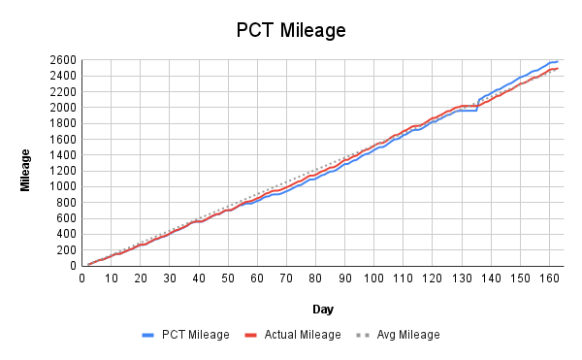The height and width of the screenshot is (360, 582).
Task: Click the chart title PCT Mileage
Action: (x=291, y=30)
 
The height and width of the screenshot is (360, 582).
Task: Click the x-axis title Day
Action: (x=324, y=309)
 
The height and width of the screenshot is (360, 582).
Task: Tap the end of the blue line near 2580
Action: (x=557, y=61)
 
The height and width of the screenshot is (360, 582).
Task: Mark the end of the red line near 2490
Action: (x=557, y=68)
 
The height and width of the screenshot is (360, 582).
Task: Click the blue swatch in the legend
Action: (x=148, y=335)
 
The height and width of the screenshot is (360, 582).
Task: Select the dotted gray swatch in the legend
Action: (x=363, y=335)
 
